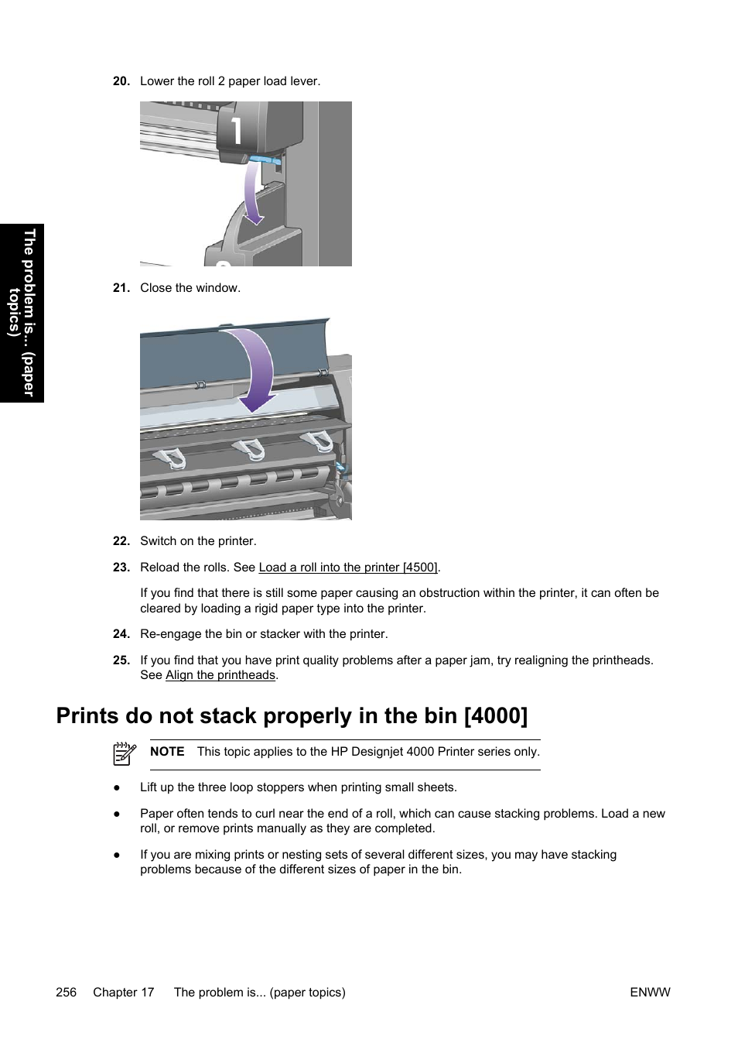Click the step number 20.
pyautogui.click(x=121, y=81)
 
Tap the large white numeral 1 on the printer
pyautogui.click(x=236, y=130)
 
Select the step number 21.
pyautogui.click(x=121, y=288)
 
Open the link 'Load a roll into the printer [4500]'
pyautogui.click(x=348, y=568)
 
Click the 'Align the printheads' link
pyautogui.click(x=220, y=675)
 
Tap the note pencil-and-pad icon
pyautogui.click(x=125, y=753)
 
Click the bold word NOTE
pyautogui.click(x=167, y=752)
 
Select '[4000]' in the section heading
pyautogui.click(x=496, y=716)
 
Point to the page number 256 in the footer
pyautogui.click(x=67, y=993)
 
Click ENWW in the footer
pyautogui.click(x=650, y=993)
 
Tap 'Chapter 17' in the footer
pyautogui.click(x=124, y=993)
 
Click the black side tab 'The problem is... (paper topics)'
pyautogui.click(x=22, y=313)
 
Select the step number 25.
pyautogui.click(x=121, y=660)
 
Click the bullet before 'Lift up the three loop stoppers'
pyautogui.click(x=117, y=787)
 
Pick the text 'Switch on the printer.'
pyautogui.click(x=198, y=541)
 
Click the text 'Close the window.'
pyautogui.click(x=190, y=288)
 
